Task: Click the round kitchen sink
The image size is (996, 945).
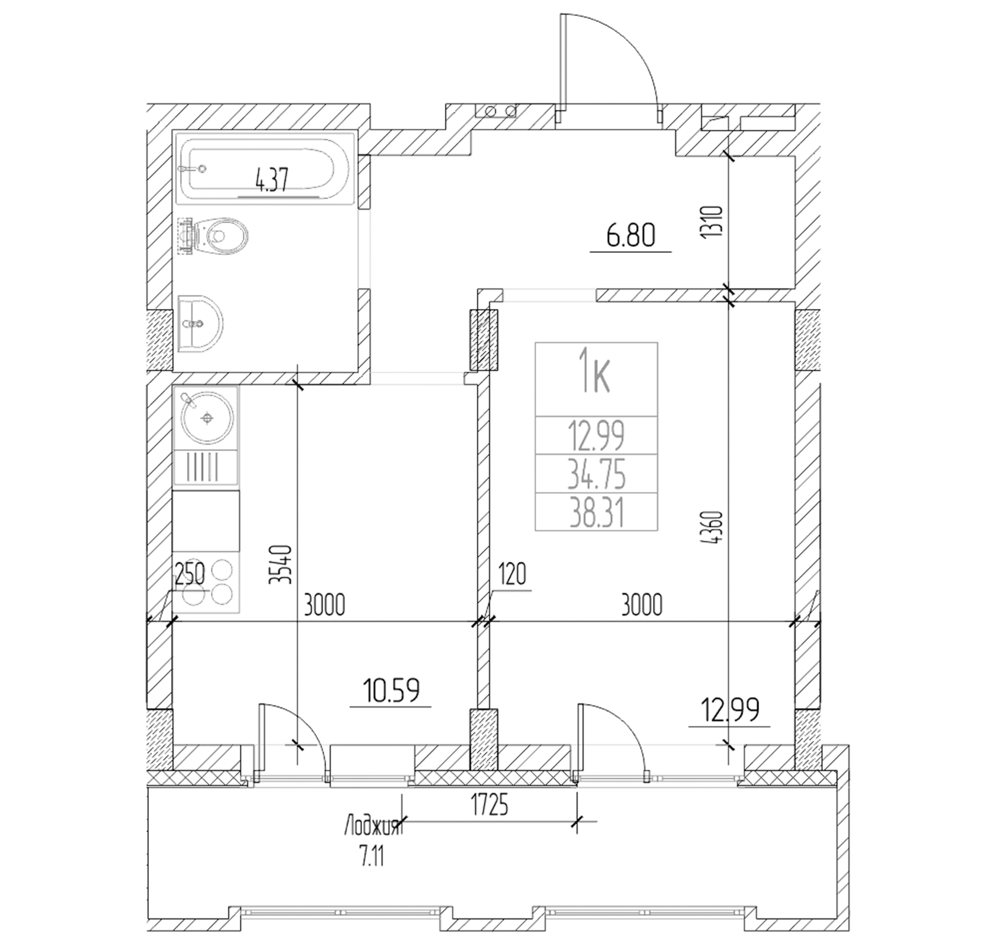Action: click(x=206, y=418)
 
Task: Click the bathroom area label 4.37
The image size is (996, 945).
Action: click(x=271, y=180)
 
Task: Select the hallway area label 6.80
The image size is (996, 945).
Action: click(x=630, y=236)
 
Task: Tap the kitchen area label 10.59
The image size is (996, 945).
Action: click(x=391, y=690)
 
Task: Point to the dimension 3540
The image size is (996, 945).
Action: click(x=279, y=565)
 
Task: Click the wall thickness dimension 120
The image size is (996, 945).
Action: click(x=512, y=574)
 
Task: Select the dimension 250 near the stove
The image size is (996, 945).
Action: click(x=190, y=574)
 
